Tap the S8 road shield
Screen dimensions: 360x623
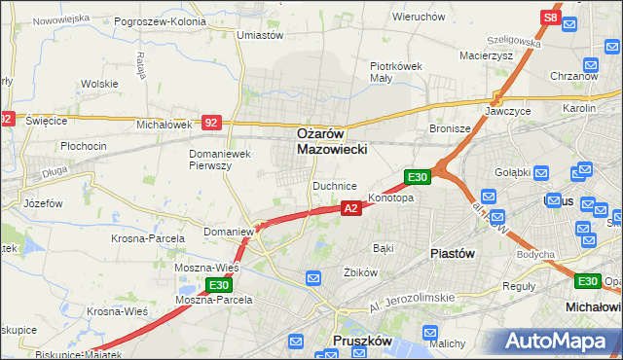pyautogui.click(x=550, y=18)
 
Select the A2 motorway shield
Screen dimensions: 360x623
pyautogui.click(x=351, y=207)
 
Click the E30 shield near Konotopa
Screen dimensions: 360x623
pyautogui.click(x=417, y=176)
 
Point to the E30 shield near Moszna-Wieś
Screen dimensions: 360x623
pyautogui.click(x=218, y=285)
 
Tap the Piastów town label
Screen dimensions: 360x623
pyautogui.click(x=452, y=253)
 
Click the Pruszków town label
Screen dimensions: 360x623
pyautogui.click(x=361, y=342)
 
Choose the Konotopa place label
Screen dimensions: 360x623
pyautogui.click(x=391, y=198)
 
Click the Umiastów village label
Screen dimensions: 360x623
pyautogui.click(x=260, y=35)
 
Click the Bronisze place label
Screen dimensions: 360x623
pyautogui.click(x=450, y=127)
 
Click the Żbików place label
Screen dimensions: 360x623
pyautogui.click(x=361, y=272)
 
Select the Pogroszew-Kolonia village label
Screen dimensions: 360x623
pyautogui.click(x=160, y=20)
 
